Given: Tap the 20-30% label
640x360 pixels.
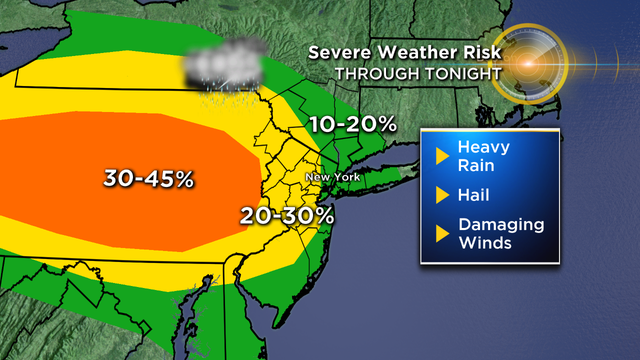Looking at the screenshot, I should click(287, 215).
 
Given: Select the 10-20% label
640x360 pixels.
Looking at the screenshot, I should click(353, 125).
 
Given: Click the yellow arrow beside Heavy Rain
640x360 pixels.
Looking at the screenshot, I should click(440, 155).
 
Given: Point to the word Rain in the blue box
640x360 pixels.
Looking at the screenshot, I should click(476, 164).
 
